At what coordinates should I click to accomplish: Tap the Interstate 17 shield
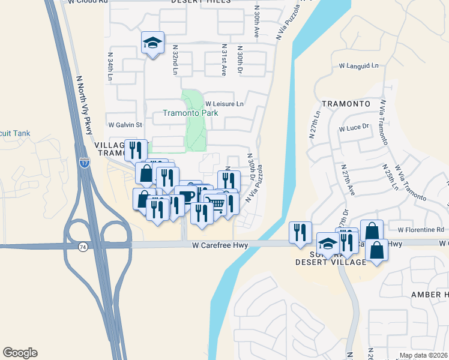click(83, 162)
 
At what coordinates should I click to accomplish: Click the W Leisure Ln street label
click(224, 104)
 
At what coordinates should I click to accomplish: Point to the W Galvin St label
click(124, 125)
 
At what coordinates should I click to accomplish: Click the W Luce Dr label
click(353, 128)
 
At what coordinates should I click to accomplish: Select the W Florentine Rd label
click(420, 229)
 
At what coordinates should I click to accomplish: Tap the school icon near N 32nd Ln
click(152, 43)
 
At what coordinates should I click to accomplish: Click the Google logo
click(20, 353)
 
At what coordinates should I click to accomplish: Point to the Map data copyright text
click(423, 355)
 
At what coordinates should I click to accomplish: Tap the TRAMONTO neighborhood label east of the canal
click(345, 103)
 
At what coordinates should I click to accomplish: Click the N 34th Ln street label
click(110, 66)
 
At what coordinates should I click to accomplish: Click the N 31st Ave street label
click(223, 59)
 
